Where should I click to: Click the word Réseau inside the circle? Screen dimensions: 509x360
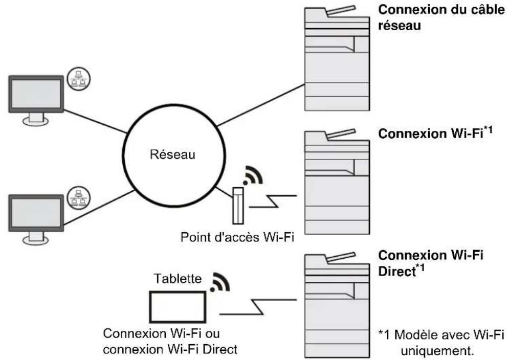172,154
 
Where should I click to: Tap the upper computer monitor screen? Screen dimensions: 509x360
36,94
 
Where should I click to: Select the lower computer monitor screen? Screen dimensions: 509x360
36,213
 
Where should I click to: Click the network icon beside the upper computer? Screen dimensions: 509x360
78,79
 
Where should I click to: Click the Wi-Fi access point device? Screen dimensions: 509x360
238,206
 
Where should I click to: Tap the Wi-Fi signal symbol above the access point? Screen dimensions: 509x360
253,175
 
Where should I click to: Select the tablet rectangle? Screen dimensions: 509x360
178,307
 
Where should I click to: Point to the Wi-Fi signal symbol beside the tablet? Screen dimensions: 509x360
220,282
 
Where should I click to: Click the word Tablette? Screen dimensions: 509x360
178,279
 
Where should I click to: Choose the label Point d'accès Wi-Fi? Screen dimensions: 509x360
237,237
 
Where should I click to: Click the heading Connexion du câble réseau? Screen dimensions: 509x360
441,17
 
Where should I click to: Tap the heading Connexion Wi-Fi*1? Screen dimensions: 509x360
435,133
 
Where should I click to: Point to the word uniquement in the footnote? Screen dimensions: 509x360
436,351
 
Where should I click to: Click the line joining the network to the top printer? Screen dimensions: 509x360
261,105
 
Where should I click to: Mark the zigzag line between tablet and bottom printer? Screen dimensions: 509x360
258,307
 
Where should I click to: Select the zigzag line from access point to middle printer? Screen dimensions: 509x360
273,201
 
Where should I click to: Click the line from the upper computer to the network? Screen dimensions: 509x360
96,121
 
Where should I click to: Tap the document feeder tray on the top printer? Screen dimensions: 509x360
341,10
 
